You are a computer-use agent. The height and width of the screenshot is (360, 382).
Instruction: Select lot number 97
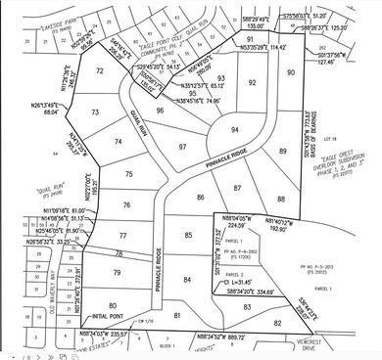[x=182, y=147]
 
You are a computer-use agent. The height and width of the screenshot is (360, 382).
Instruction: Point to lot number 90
[x=290, y=73]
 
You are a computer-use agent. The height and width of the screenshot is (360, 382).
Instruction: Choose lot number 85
[x=188, y=235]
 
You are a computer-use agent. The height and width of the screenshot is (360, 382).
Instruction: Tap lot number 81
[x=177, y=315]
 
